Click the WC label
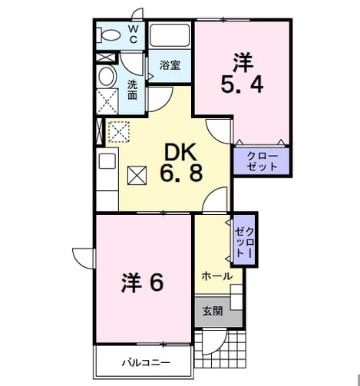click(133, 35)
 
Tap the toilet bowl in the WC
click(108, 35)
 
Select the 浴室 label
click(170, 65)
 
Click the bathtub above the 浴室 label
click(170, 35)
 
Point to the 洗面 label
click(133, 90)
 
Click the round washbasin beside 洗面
click(107, 76)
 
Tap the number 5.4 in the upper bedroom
click(242, 85)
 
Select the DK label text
click(181, 152)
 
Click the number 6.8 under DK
click(181, 173)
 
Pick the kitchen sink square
click(107, 161)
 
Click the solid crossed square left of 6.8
click(137, 175)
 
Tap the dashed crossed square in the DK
click(119, 131)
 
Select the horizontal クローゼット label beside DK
click(263, 161)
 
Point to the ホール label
click(217, 276)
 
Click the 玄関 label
click(213, 311)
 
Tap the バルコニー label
click(146, 363)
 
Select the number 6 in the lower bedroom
click(157, 283)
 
